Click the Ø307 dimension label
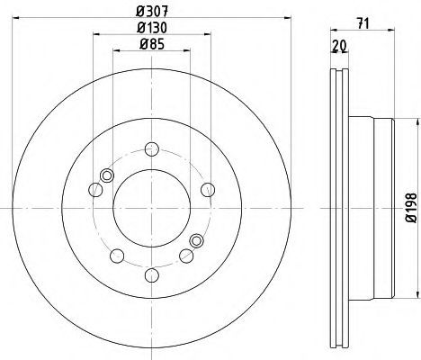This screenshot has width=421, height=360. click(152, 12)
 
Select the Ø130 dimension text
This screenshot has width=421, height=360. click(152, 28)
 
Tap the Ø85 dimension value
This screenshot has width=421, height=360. click(152, 45)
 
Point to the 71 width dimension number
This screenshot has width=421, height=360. click(363, 23)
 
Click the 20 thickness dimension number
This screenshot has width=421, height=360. click(339, 45)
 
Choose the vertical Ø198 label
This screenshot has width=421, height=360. click(411, 208)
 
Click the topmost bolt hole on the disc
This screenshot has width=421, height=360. click(152, 149)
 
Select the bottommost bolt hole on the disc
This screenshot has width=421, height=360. click(152, 275)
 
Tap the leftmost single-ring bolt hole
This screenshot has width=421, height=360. click(96, 190)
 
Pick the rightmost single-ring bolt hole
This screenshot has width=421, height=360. click(208, 190)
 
